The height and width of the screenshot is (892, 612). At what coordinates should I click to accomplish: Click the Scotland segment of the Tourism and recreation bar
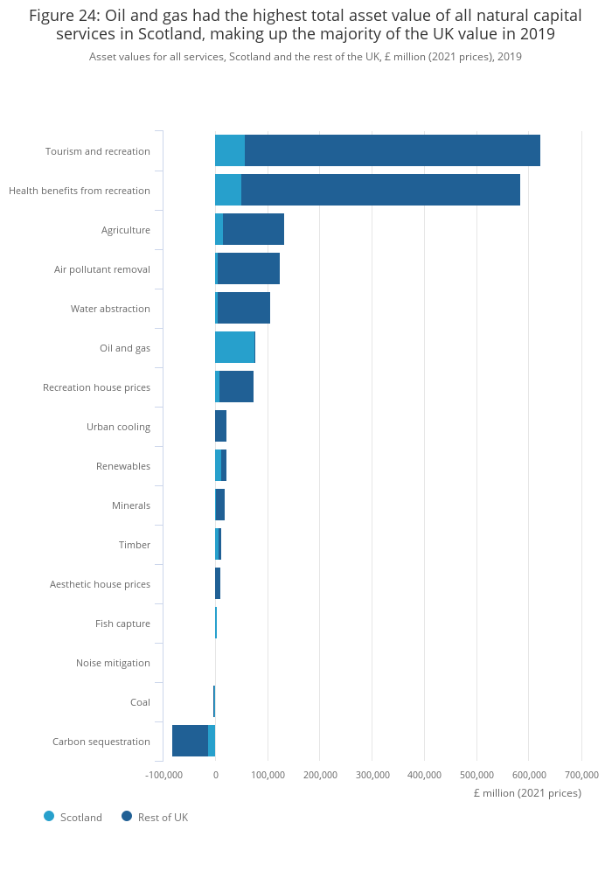point(230,150)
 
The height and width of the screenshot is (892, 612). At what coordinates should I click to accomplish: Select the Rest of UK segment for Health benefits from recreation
point(380,190)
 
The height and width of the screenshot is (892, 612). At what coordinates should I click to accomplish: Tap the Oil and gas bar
point(235,347)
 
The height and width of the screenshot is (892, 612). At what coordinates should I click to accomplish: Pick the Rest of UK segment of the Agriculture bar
point(253,229)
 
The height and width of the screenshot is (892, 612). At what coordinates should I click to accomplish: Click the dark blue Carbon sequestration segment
point(190,741)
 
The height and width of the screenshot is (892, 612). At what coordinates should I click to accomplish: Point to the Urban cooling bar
point(220,426)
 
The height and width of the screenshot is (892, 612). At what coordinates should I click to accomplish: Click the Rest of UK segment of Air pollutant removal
point(248,268)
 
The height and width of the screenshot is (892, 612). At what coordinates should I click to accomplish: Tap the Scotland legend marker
point(49,816)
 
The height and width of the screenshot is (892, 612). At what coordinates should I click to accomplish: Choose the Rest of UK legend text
point(163,818)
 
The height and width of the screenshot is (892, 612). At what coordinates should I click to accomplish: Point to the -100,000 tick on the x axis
point(163,775)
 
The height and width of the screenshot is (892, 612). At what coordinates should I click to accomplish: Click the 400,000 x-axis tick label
point(424,775)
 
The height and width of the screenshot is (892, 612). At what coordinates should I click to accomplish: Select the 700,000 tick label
point(582,775)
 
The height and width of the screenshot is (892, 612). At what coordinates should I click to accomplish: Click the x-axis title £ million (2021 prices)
point(527,793)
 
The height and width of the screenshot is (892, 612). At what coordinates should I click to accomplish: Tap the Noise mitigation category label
point(113,663)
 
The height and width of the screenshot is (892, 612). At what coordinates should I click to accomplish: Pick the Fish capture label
point(123,624)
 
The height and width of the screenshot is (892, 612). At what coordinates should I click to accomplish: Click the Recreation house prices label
point(97,387)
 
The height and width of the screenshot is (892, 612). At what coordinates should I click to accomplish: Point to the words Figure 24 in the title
point(65,16)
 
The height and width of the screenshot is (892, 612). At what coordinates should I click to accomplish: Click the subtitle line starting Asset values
point(305,57)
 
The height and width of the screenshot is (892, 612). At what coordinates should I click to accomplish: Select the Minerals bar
point(220,505)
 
